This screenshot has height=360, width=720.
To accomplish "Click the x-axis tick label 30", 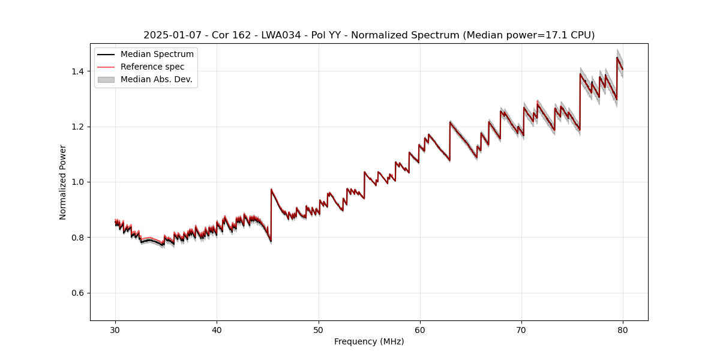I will (115, 329).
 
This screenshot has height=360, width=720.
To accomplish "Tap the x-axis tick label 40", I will (217, 329).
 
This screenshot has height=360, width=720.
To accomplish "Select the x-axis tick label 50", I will (319, 329).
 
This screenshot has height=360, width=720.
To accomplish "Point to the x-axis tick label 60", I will (420, 329).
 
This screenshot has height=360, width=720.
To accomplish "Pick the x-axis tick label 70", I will (521, 329).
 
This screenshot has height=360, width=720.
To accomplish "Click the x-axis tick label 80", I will (623, 329).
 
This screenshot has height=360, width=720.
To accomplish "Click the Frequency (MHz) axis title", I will (369, 341).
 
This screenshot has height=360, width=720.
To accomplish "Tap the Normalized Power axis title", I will (63, 182).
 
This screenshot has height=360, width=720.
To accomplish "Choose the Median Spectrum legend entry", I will (157, 55).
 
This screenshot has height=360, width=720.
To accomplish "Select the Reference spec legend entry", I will (152, 67).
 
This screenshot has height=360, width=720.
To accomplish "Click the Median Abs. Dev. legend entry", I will (156, 79).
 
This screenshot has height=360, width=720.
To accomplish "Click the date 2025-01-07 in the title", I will (170, 35).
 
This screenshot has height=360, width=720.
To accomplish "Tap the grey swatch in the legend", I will (106, 79).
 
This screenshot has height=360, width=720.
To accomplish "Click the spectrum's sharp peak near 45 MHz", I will (271, 190).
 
